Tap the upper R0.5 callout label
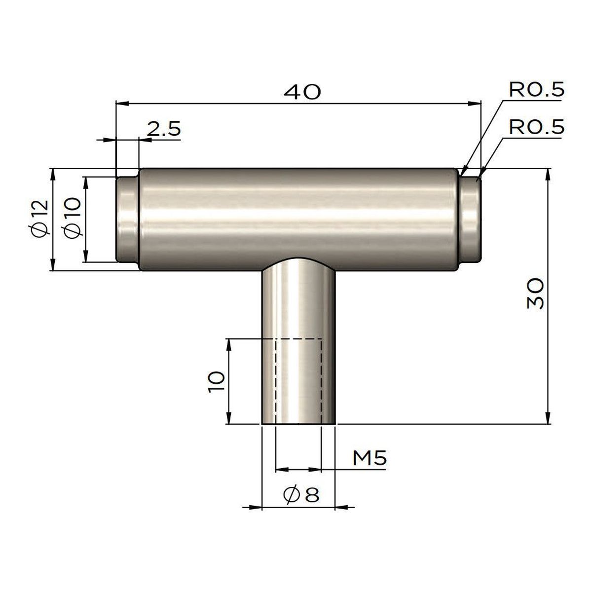[x=536, y=90]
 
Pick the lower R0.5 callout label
[x=536, y=128]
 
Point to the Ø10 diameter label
[x=72, y=218]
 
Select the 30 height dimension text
[x=535, y=293]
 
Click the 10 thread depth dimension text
[x=217, y=381]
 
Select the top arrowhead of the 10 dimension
[x=229, y=344]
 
